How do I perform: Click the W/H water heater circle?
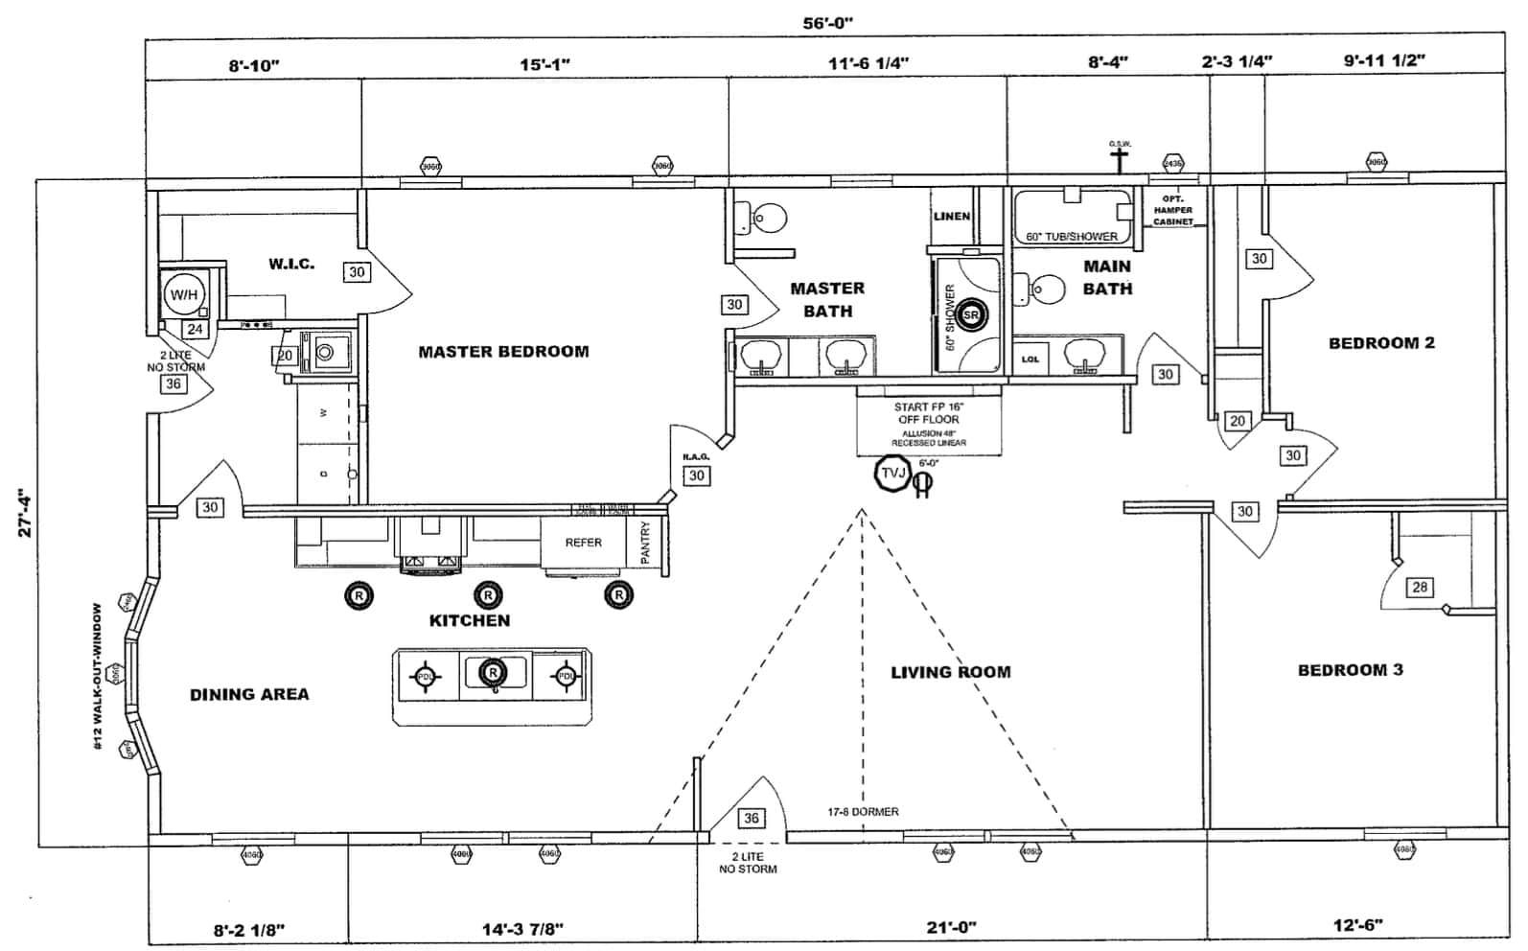pyautogui.click(x=183, y=294)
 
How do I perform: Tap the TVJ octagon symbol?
pyautogui.click(x=892, y=472)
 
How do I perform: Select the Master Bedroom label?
pyautogui.click(x=503, y=352)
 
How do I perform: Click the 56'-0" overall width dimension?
pyautogui.click(x=827, y=23)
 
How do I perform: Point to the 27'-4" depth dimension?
pyautogui.click(x=26, y=513)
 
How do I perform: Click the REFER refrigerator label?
pyautogui.click(x=583, y=543)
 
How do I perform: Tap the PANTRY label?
pyautogui.click(x=645, y=543)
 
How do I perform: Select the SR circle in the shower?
pyautogui.click(x=970, y=314)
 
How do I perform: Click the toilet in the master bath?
pyautogui.click(x=765, y=219)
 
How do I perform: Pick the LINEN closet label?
pyautogui.click(x=952, y=217)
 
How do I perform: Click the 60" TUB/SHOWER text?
pyautogui.click(x=1072, y=237)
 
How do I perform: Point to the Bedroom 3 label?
pyautogui.click(x=1350, y=670)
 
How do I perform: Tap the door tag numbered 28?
pyautogui.click(x=1420, y=588)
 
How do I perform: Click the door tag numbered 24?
pyautogui.click(x=196, y=329)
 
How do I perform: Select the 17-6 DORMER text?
pyautogui.click(x=863, y=812)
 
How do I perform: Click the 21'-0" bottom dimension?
pyautogui.click(x=951, y=927)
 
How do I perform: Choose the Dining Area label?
pyautogui.click(x=249, y=694)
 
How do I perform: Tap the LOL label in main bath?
pyautogui.click(x=1030, y=360)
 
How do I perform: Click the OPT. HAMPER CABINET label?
pyautogui.click(x=1172, y=210)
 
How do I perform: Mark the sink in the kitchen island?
pyautogui.click(x=495, y=673)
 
